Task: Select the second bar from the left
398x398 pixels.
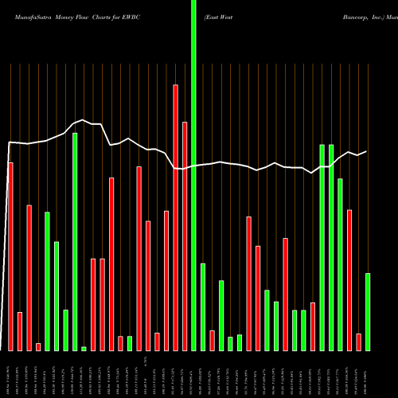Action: coord(20,331)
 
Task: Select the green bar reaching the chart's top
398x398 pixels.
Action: coord(193,175)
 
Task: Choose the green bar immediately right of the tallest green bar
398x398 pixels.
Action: coord(203,306)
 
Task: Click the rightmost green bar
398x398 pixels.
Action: coord(368,311)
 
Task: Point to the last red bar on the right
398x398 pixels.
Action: coord(358,341)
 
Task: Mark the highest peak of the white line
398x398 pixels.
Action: coord(84,120)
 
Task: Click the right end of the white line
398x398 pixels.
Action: coord(367,151)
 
